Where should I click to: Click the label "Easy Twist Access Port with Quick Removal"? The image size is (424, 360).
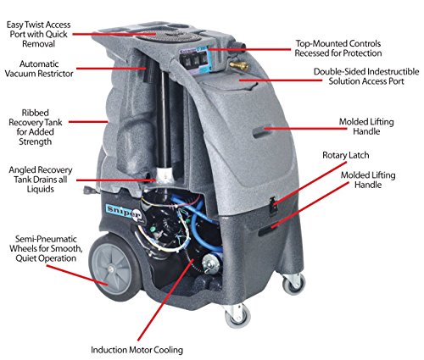(38, 34)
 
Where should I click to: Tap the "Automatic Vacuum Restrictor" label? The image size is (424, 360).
(39, 69)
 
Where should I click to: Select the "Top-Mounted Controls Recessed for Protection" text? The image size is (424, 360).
(338, 48)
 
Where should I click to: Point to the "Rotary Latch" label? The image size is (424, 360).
(346, 155)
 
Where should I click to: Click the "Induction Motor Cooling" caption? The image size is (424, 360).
(137, 350)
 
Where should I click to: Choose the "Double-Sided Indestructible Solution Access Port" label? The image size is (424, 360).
(366, 76)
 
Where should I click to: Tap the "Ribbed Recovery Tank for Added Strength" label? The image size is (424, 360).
(36, 127)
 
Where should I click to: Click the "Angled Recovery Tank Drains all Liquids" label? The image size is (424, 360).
(41, 180)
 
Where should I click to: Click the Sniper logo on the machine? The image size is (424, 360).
(124, 211)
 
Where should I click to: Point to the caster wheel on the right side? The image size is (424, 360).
(294, 284)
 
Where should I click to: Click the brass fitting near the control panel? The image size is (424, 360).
(239, 66)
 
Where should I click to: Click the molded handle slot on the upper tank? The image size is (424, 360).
(262, 131)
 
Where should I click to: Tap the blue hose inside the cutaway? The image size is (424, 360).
(202, 226)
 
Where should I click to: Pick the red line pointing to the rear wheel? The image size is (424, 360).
(77, 275)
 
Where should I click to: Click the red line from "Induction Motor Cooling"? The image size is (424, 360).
(165, 300)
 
